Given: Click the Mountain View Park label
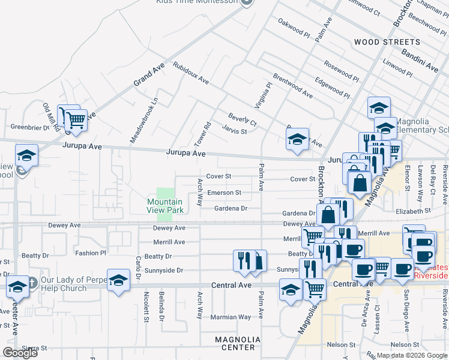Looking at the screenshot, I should (165, 206).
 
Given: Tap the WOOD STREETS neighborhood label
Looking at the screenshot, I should (387, 42).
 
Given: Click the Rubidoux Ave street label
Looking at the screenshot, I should (191, 73).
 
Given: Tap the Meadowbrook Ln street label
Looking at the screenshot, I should (136, 121).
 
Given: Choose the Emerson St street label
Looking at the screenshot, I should (224, 193).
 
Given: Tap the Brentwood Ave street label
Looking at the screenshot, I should (293, 86).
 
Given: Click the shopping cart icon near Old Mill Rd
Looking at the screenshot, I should (76, 121).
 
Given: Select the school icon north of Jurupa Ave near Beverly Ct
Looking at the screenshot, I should (297, 140).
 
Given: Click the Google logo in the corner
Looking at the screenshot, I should (20, 353).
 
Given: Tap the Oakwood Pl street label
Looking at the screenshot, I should (294, 28).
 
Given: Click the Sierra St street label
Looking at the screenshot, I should (35, 348).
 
